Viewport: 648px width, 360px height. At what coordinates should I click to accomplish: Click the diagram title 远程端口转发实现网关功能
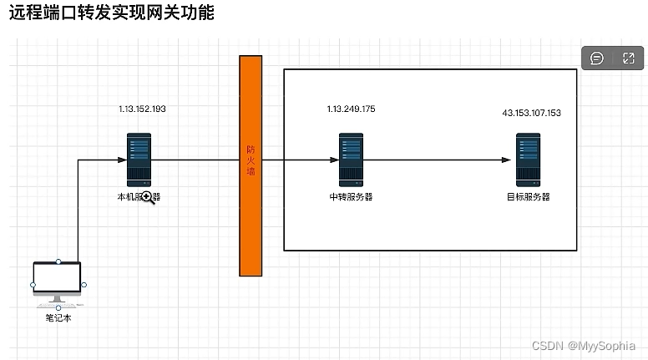pyautogui.click(x=111, y=13)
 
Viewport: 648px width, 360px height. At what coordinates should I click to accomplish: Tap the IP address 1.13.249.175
pyautogui.click(x=351, y=109)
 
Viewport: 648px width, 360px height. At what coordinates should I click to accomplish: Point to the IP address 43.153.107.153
pyautogui.click(x=531, y=113)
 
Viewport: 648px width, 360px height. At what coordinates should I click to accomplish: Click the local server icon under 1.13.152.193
pyautogui.click(x=139, y=160)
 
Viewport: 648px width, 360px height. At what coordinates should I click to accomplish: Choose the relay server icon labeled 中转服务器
pyautogui.click(x=351, y=160)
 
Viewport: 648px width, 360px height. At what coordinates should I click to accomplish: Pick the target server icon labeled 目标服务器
pyautogui.click(x=528, y=160)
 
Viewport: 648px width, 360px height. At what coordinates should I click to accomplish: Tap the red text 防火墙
pyautogui.click(x=251, y=160)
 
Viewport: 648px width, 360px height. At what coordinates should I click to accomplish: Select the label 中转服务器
pyautogui.click(x=351, y=197)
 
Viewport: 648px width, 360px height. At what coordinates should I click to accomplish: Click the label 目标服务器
pyautogui.click(x=528, y=197)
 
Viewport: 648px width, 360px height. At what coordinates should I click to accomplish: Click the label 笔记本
pyautogui.click(x=58, y=318)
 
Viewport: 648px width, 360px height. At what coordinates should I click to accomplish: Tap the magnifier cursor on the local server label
pyautogui.click(x=148, y=197)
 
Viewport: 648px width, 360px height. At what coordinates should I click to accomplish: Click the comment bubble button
pyautogui.click(x=597, y=58)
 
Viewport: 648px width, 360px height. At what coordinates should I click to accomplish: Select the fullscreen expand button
pyautogui.click(x=629, y=58)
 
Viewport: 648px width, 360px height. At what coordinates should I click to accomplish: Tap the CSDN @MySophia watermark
pyautogui.click(x=583, y=345)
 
